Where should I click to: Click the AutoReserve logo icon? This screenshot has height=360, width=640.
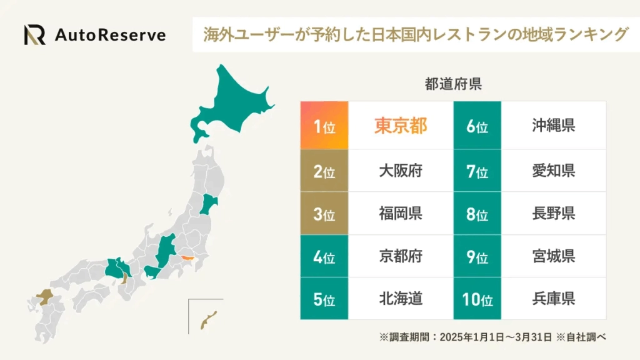click(x=35, y=35)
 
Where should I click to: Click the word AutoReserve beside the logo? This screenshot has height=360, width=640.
click(x=110, y=35)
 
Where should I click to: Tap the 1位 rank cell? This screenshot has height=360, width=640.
click(x=324, y=126)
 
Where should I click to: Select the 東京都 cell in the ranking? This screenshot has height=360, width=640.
click(x=401, y=126)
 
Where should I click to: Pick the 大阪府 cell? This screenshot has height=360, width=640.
click(x=401, y=171)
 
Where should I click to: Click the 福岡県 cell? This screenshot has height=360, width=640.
click(x=401, y=213)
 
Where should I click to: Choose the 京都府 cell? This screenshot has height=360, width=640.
click(x=401, y=256)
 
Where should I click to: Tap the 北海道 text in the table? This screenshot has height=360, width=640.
click(x=401, y=299)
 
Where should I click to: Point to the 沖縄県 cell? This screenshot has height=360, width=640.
click(x=553, y=126)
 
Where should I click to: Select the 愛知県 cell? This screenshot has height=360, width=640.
click(x=553, y=171)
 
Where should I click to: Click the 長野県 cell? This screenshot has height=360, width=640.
click(x=553, y=213)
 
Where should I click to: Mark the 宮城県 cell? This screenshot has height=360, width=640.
click(x=553, y=256)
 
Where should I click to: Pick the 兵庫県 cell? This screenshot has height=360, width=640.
click(x=553, y=299)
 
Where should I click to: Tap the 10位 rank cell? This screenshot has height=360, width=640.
click(x=477, y=299)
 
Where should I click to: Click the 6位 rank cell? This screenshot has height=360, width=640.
click(x=477, y=126)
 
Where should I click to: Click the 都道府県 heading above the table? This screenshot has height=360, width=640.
click(x=453, y=85)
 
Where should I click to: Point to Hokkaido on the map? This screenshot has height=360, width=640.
click(x=231, y=106)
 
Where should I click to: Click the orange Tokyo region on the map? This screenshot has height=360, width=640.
click(x=186, y=257)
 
